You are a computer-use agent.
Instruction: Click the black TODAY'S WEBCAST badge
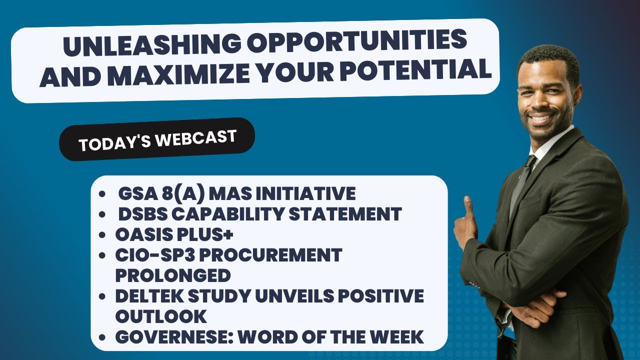click(157, 139)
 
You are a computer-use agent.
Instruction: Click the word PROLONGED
click(173, 275)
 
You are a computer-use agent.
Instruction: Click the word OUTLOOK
click(161, 316)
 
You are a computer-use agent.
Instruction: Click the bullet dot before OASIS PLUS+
click(103, 235)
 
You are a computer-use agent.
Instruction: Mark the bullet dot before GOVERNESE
click(103, 337)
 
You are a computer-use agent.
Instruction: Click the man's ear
click(577, 94)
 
